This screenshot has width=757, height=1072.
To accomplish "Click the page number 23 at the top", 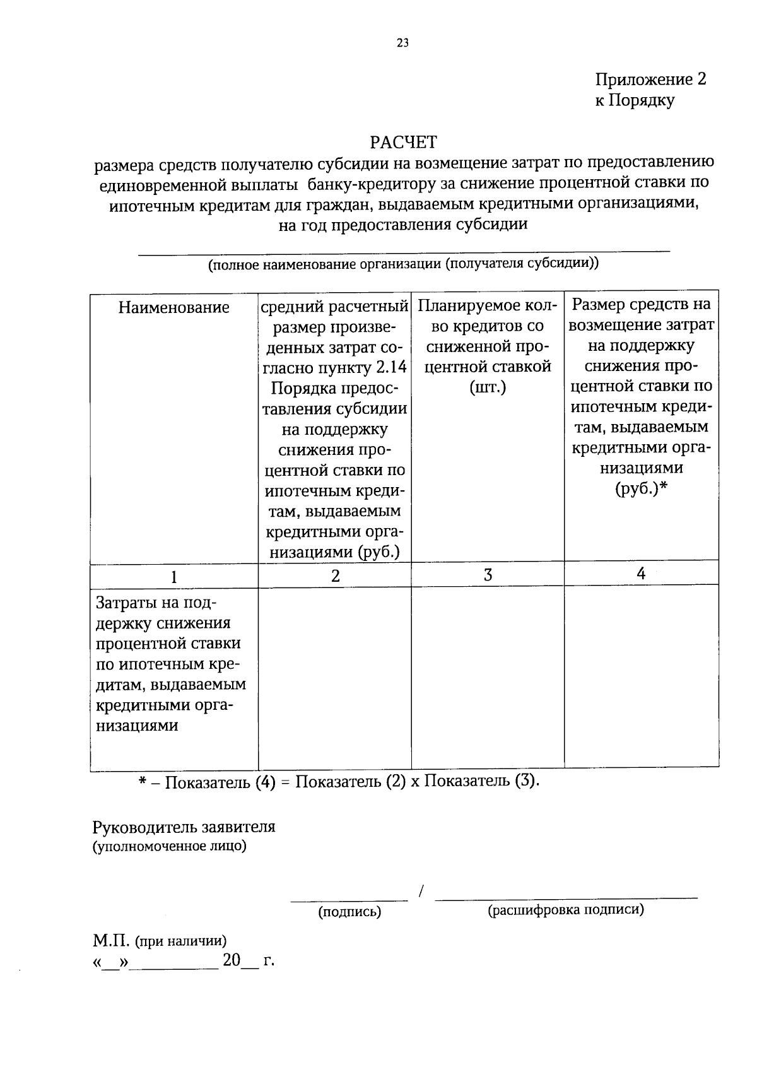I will tap(402, 43).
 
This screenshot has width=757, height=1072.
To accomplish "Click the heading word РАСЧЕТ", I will tap(402, 141).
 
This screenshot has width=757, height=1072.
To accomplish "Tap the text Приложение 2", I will tap(650, 80).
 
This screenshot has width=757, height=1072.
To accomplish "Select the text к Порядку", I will tap(634, 100).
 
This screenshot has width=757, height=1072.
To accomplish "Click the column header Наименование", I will tap(173, 307).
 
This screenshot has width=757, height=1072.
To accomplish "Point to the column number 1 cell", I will tap(173, 576).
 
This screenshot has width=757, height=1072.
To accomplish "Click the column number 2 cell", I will tap(335, 575).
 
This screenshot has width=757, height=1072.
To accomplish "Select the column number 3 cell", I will tap(487, 575).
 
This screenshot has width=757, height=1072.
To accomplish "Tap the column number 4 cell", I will tap(641, 574).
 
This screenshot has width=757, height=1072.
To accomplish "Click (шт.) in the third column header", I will tap(487, 387).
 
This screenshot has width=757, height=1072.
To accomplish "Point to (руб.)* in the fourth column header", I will tap(641, 488).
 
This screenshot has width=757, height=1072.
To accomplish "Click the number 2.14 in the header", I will tap(391, 368).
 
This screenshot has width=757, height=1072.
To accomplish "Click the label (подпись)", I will tap(349, 911).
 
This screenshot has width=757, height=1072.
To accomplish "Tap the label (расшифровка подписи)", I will tap(565, 909).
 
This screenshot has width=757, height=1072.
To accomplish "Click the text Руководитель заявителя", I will tap(184, 827).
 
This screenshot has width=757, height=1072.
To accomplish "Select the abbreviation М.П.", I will tap(111, 941).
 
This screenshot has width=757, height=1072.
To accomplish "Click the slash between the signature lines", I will tap(421, 891).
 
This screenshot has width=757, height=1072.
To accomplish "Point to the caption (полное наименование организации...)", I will tap(403, 264).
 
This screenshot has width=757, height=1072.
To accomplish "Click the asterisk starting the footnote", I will tap(143, 781).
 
